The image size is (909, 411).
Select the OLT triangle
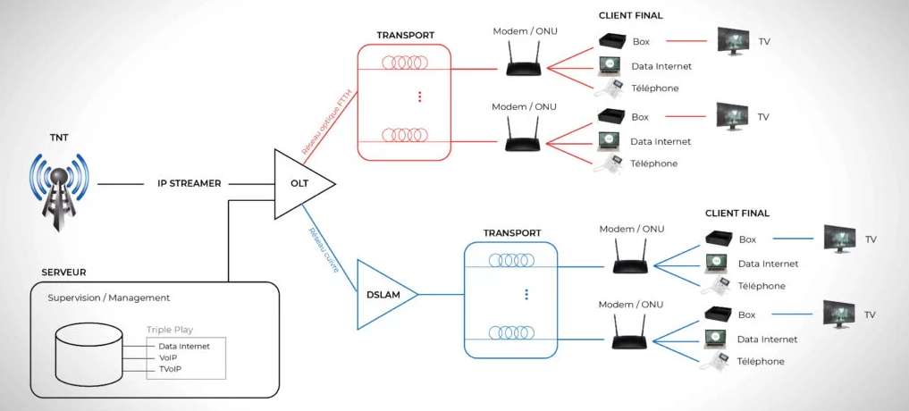(299, 184)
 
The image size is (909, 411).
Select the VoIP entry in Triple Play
(170, 357)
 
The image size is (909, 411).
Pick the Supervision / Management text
(108, 298)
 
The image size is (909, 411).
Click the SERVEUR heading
(63, 272)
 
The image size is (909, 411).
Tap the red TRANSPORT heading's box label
(406, 36)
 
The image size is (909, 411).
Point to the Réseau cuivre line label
(324, 247)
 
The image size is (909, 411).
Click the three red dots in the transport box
(419, 96)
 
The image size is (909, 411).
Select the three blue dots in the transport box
(526, 294)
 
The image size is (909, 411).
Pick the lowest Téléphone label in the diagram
(761, 361)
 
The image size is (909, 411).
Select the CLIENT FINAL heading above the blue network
(736, 214)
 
